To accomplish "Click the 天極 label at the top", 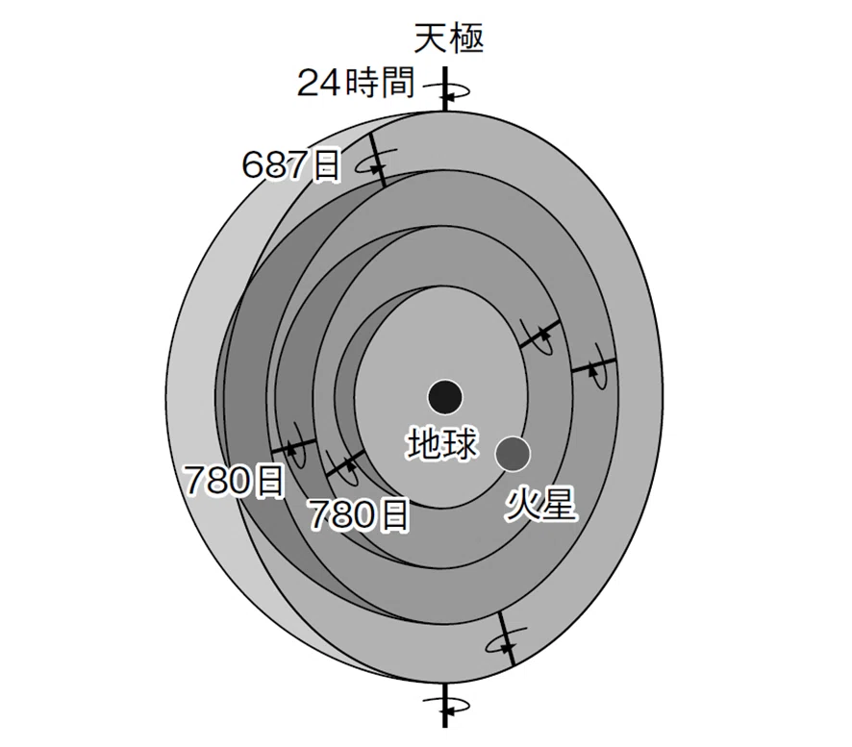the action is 448,38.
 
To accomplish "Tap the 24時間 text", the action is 356,83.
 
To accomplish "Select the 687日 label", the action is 291,164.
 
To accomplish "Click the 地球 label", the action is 442,444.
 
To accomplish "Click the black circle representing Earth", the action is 445,397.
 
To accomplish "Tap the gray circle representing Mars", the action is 513,454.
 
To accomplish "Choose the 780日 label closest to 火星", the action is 358,514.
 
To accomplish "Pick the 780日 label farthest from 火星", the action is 235,481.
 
